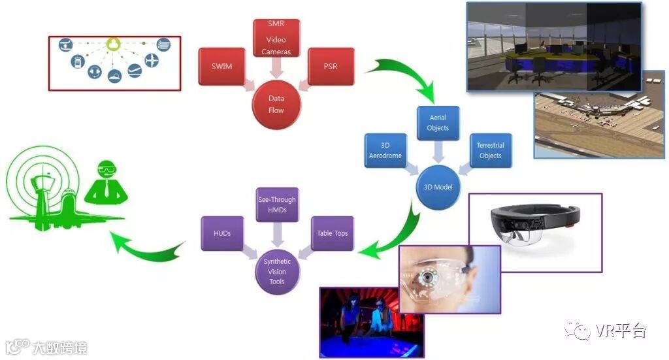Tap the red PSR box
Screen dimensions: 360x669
coord(331,67)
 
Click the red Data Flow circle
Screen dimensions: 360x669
coord(276,105)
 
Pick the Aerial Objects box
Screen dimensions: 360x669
coord(438,123)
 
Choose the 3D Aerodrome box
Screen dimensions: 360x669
coord(385,151)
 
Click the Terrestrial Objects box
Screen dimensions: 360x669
coord(490,151)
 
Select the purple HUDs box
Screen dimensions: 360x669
coord(222,233)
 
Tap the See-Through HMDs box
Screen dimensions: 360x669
coord(276,205)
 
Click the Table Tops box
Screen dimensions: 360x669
coord(332,233)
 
